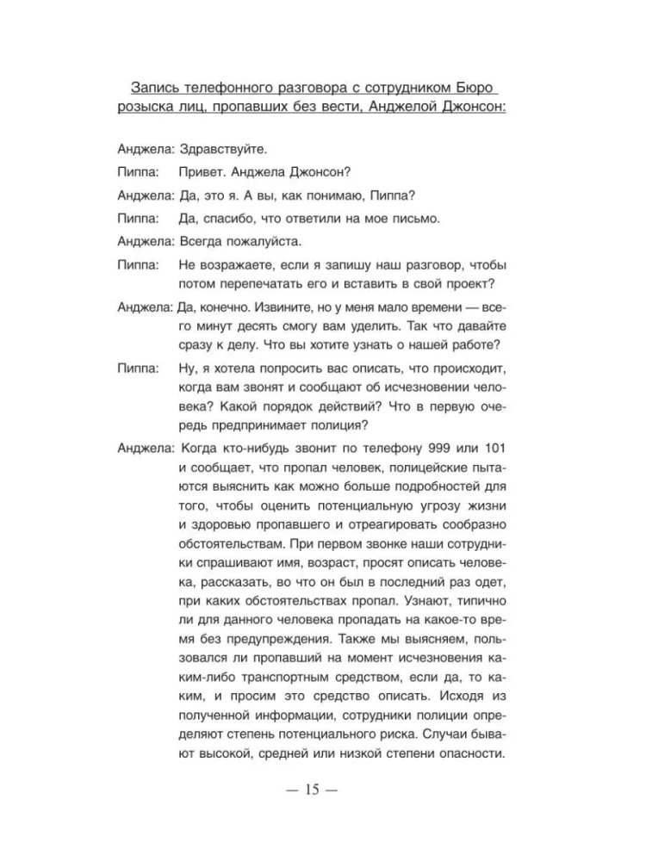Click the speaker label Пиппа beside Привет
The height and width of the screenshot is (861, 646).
point(134,171)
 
